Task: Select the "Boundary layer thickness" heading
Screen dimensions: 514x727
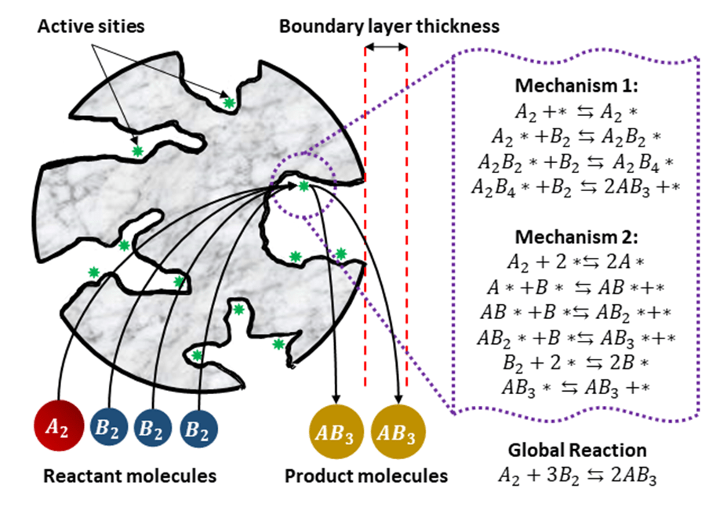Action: coord(389,27)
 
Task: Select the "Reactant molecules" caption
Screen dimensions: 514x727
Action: coord(129,476)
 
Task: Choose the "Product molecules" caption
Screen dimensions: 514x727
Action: coord(366,476)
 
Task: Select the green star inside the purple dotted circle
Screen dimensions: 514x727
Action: coord(304,186)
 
